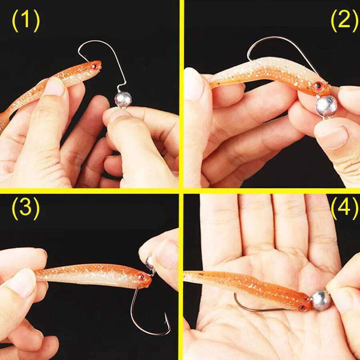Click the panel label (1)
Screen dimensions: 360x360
click(x=26, y=21)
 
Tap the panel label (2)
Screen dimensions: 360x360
click(x=344, y=21)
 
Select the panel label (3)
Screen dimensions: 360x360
click(x=26, y=208)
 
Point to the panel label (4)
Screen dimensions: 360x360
click(x=344, y=208)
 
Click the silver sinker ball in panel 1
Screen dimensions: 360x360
click(x=123, y=99)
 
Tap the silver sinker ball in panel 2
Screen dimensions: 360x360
click(x=326, y=106)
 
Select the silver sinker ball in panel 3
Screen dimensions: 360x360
click(x=150, y=262)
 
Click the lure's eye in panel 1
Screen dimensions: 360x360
click(x=94, y=65)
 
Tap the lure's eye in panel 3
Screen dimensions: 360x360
click(x=141, y=276)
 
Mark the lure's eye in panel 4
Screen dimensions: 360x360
click(x=303, y=307)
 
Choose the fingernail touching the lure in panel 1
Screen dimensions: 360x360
click(x=54, y=87)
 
